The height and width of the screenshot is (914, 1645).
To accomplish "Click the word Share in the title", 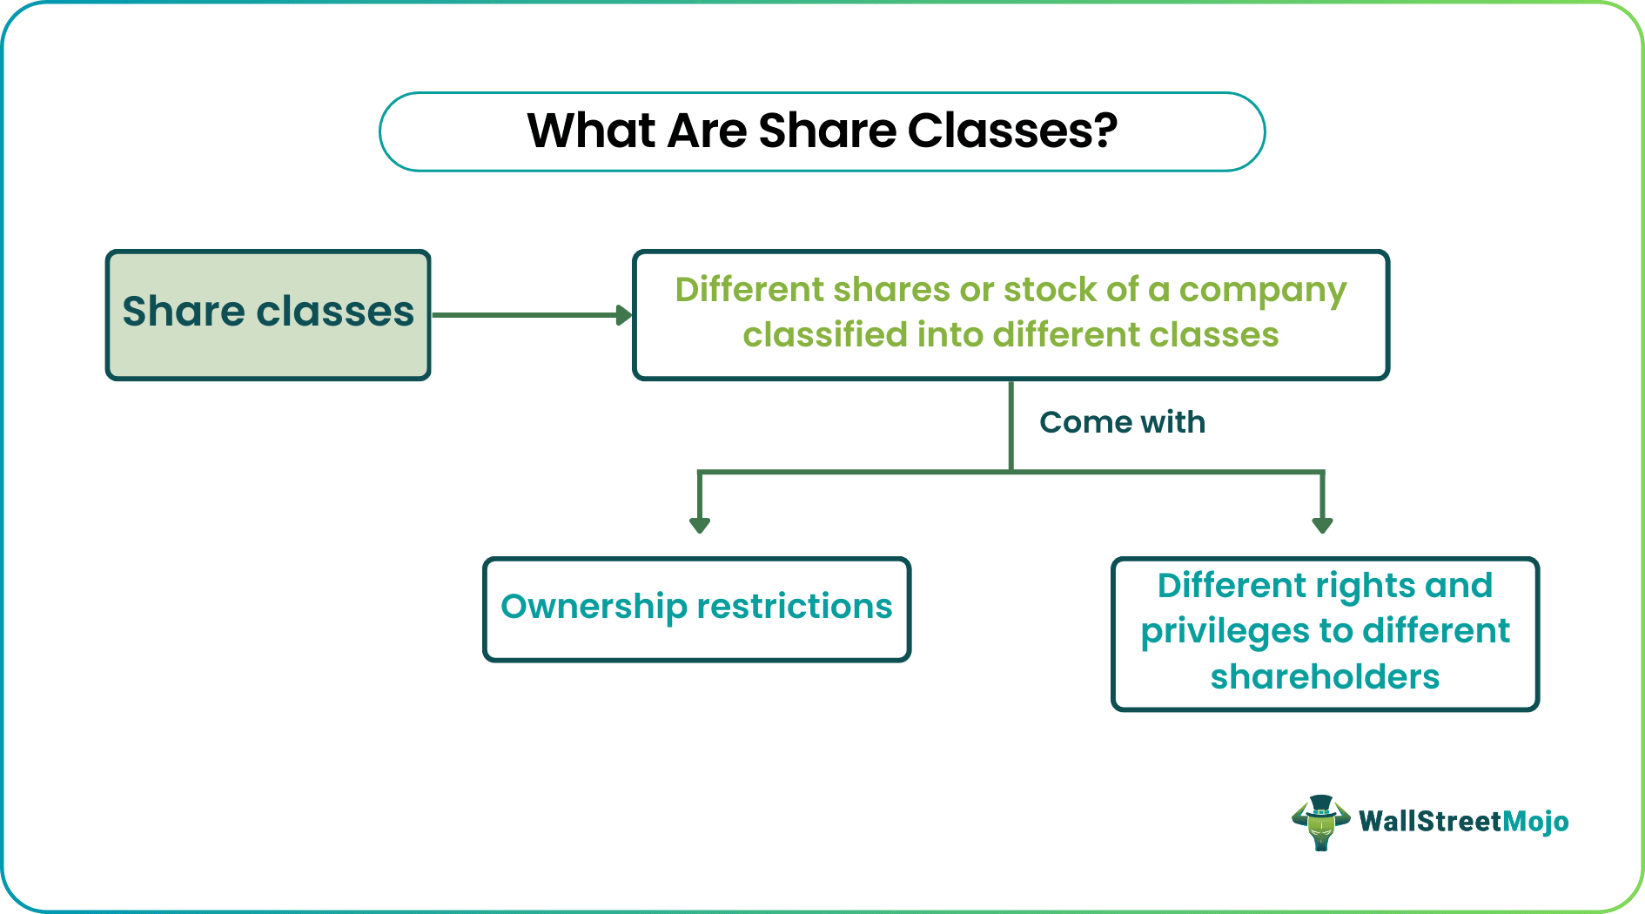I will [827, 131].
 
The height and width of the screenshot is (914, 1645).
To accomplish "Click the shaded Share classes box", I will [268, 314].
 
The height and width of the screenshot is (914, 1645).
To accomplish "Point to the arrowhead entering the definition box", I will [624, 315].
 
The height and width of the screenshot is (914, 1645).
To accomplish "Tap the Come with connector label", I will [1122, 422].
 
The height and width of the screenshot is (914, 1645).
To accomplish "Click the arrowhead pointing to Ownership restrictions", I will [700, 524].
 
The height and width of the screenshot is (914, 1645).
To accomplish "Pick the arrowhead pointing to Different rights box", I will [1322, 524].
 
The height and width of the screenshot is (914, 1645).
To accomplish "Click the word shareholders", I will [1325, 676].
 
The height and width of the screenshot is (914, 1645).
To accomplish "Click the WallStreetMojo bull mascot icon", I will [1320, 823].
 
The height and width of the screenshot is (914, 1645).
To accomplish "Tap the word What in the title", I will [591, 131].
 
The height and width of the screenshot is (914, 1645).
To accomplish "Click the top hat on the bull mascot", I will [1320, 803].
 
